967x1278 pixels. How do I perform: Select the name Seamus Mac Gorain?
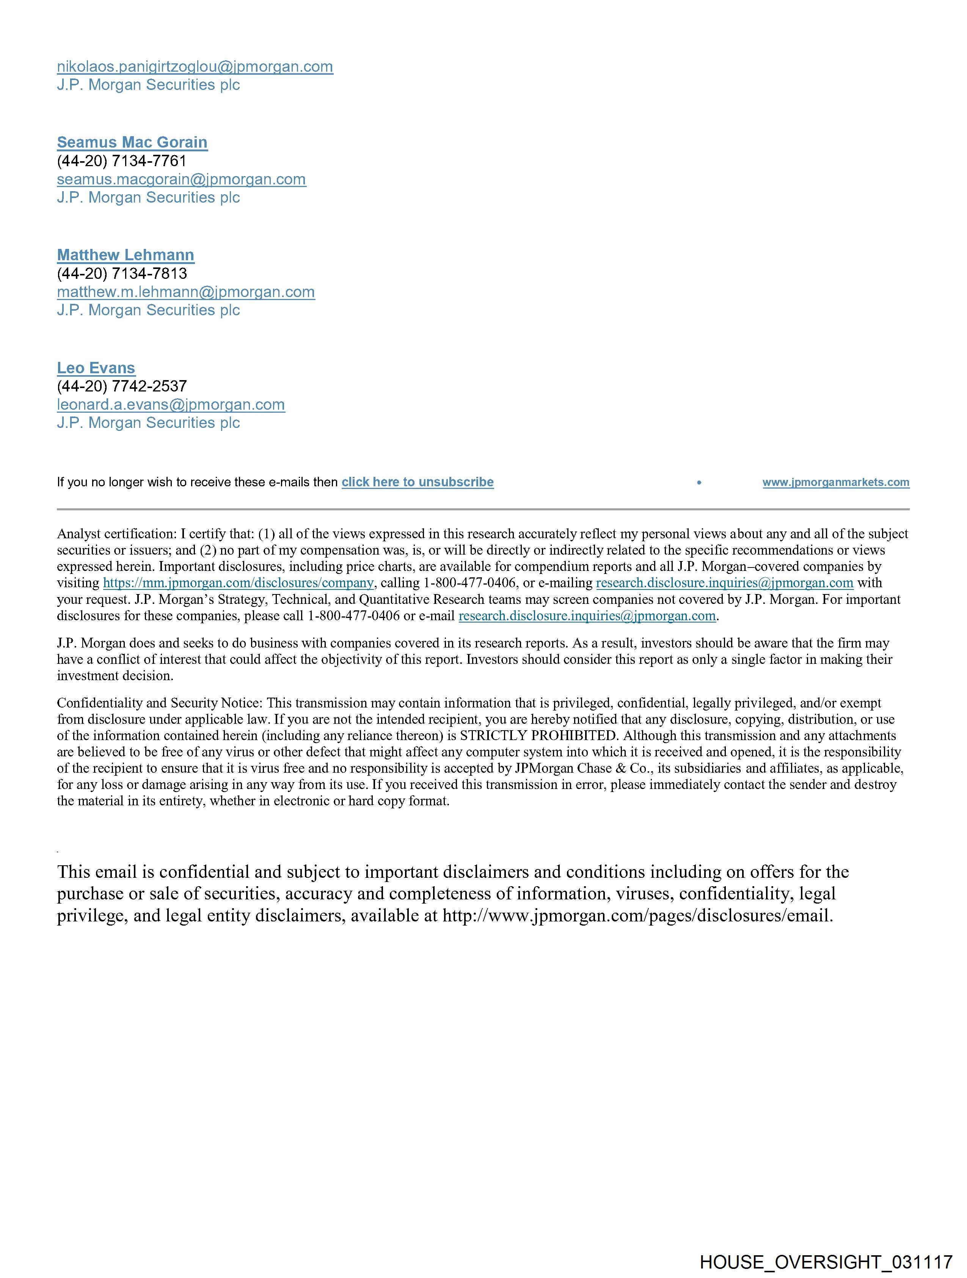point(132,142)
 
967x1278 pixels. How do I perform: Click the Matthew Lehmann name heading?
point(126,255)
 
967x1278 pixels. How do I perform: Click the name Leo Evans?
point(96,368)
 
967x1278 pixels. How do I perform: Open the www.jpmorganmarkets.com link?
point(836,483)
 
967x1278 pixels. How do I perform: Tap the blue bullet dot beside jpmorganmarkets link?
point(699,483)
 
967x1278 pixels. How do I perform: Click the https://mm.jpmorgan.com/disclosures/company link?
point(238,583)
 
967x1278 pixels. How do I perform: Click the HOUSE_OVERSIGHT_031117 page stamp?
point(826,1261)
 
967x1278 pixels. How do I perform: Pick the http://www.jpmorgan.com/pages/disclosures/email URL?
point(637,916)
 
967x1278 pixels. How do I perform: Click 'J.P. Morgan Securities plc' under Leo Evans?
point(148,423)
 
